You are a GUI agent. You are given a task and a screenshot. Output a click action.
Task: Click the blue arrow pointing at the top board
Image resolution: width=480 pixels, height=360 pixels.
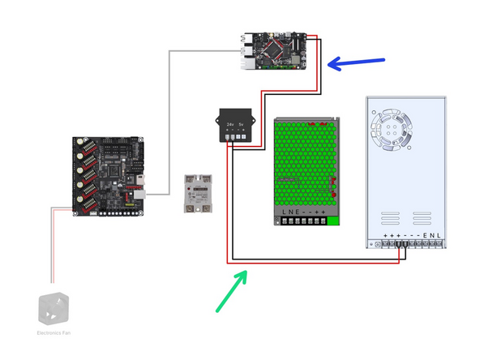point(357,62)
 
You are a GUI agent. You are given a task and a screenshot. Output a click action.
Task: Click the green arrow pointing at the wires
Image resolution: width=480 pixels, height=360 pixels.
point(230,293)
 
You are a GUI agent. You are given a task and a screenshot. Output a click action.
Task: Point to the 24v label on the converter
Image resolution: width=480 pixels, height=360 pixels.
point(230,124)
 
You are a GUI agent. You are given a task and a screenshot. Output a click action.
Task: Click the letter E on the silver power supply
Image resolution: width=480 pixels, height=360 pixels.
point(425,236)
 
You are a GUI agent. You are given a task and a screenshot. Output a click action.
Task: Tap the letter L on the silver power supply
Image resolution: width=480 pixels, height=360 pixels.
point(439,236)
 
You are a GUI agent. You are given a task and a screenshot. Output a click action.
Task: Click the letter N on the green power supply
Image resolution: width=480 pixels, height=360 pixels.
point(289,212)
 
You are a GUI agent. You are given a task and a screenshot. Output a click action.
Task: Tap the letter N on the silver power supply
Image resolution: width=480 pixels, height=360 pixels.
point(431,236)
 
